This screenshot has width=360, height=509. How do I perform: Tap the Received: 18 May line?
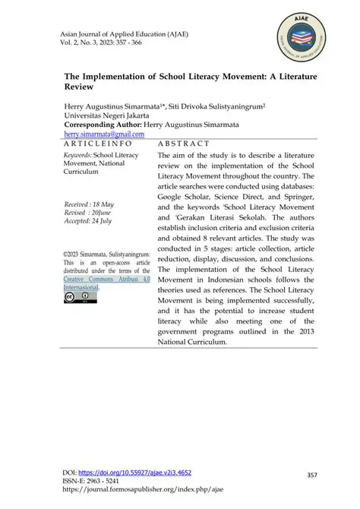pyautogui.click(x=90, y=205)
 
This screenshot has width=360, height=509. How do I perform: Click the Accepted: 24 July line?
pyautogui.click(x=90, y=222)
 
